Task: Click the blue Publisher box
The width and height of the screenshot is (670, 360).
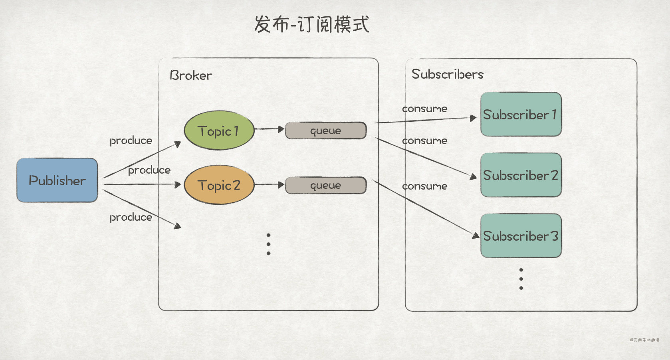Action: click(57, 180)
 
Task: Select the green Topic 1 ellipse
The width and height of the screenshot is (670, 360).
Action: click(219, 131)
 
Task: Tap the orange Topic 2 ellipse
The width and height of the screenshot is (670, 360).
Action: click(219, 185)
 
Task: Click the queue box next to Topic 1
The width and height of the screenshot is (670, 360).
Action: click(326, 131)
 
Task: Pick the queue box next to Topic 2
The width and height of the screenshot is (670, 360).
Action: click(326, 186)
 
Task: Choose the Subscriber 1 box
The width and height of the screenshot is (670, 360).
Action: click(521, 115)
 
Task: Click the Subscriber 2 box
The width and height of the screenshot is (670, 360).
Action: click(521, 175)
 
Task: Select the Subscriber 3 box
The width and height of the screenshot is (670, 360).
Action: click(521, 236)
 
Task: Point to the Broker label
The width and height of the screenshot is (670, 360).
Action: click(190, 75)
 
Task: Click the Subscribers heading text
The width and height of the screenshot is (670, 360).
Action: click(447, 74)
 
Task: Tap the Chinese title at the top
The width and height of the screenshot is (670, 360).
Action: click(311, 24)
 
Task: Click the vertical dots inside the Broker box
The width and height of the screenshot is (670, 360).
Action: click(268, 244)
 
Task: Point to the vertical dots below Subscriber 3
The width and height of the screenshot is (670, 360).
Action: click(521, 279)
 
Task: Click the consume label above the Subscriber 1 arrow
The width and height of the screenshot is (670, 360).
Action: click(424, 109)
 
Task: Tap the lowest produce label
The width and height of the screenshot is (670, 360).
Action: click(131, 218)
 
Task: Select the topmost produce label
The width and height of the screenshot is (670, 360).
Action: click(131, 141)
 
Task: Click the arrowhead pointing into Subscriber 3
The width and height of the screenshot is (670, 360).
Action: click(476, 235)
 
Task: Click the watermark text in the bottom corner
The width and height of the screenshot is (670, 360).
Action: click(644, 340)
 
